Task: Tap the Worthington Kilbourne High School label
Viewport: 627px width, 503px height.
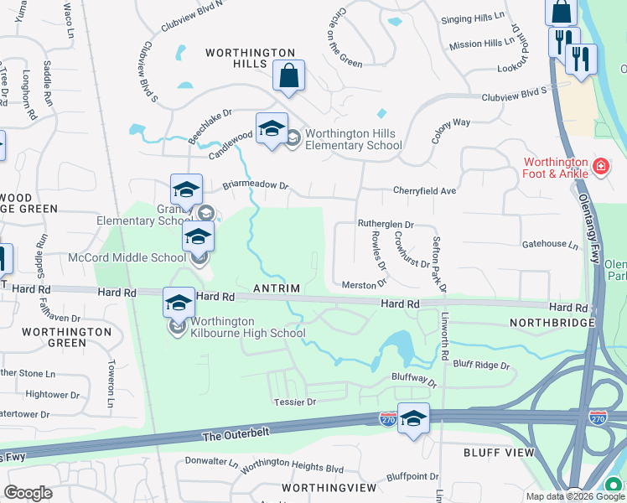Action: point(247,327)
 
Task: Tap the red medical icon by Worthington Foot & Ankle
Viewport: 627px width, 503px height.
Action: point(600,168)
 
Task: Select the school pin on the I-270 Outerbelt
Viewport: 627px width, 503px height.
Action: point(413,418)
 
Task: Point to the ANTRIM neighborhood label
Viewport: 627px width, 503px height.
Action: point(277,288)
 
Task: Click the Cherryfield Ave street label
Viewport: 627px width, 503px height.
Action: point(424,191)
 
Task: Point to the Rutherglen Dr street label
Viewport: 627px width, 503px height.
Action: point(386,225)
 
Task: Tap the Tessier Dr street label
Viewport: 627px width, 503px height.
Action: point(294,402)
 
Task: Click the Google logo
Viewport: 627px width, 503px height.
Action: point(28,493)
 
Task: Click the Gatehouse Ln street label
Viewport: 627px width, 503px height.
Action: point(550,246)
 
